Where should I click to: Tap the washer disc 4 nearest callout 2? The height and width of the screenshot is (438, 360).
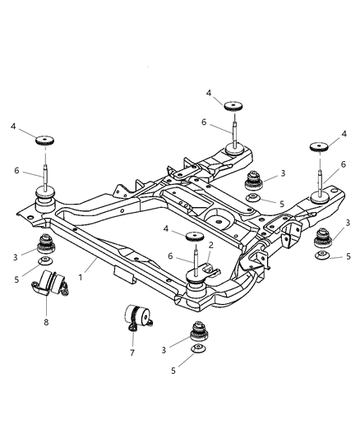[195, 238]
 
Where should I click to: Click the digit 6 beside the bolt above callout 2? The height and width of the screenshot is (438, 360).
[170, 257]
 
